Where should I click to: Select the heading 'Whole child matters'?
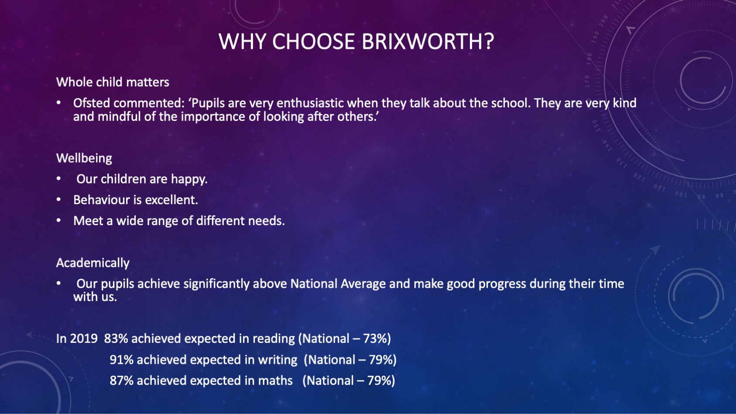[113, 82]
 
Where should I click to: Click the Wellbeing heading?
[84, 158]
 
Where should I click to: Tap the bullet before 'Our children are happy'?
[59, 179]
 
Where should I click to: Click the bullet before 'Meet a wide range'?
[59, 220]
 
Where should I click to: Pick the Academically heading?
[93, 263]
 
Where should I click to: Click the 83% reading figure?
[116, 339]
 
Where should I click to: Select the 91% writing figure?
[122, 360]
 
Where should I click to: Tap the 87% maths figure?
[122, 380]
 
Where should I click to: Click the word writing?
[277, 360]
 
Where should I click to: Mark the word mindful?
[119, 116]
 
